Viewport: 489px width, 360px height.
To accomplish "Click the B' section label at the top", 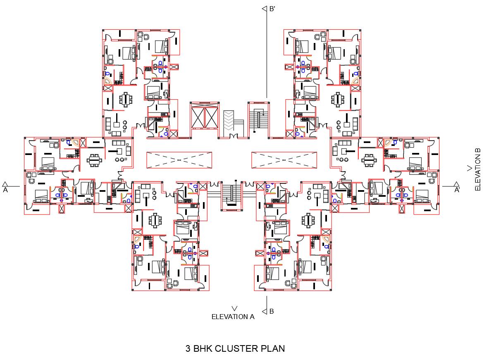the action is tap(273, 9).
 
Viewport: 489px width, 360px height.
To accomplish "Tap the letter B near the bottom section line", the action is tap(272, 312).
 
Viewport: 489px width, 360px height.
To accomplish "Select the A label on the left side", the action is tap(5, 190).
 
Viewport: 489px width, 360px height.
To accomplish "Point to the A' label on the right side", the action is tap(457, 190).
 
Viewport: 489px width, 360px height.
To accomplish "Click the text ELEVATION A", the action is tap(233, 317).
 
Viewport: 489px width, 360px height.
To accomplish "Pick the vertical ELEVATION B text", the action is tap(478, 169).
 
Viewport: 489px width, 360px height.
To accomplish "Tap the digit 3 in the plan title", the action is tap(188, 348).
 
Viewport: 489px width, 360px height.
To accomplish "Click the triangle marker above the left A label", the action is tap(5, 184).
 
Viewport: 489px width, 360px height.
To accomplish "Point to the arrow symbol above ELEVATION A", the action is tap(235, 308).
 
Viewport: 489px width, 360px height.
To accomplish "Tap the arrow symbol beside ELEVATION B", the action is tap(469, 168).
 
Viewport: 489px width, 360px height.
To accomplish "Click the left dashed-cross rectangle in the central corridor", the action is tap(179, 160).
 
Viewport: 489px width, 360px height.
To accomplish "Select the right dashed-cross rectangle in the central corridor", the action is tap(284, 160).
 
